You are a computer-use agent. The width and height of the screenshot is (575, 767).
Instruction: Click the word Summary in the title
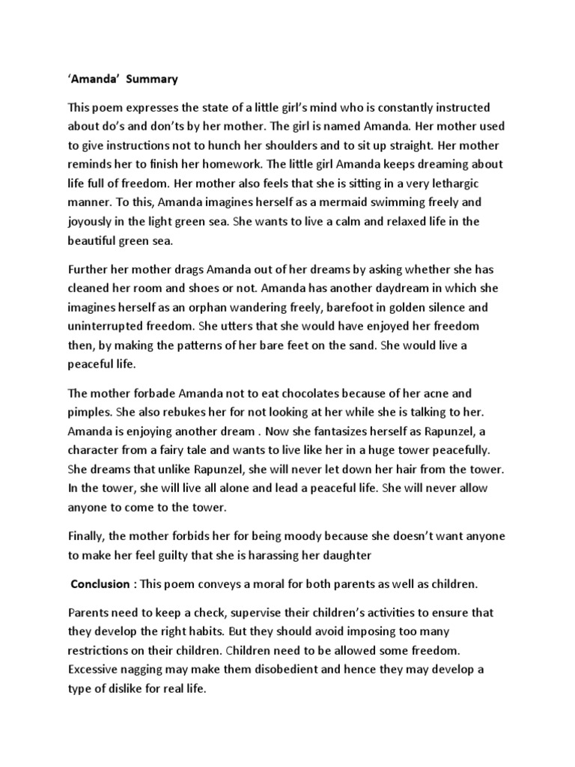151,78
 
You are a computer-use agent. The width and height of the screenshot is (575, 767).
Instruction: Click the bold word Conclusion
100,583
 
